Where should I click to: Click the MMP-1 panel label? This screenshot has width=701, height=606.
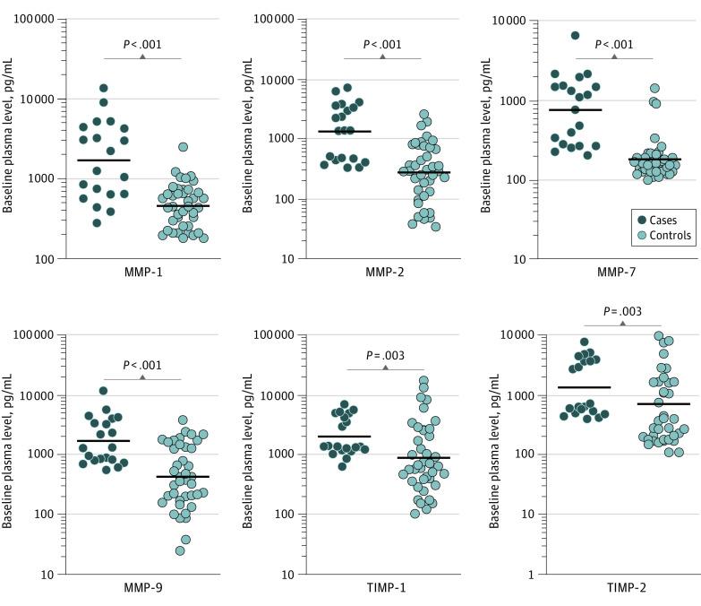pyautogui.click(x=142, y=271)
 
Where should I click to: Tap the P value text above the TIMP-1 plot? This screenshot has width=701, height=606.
pyautogui.click(x=384, y=355)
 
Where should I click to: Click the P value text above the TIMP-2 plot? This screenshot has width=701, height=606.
pyautogui.click(x=622, y=313)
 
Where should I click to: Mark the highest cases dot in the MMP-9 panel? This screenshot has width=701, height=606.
pyautogui.click(x=104, y=390)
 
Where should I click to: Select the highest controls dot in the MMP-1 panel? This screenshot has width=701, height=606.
pyautogui.click(x=183, y=147)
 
